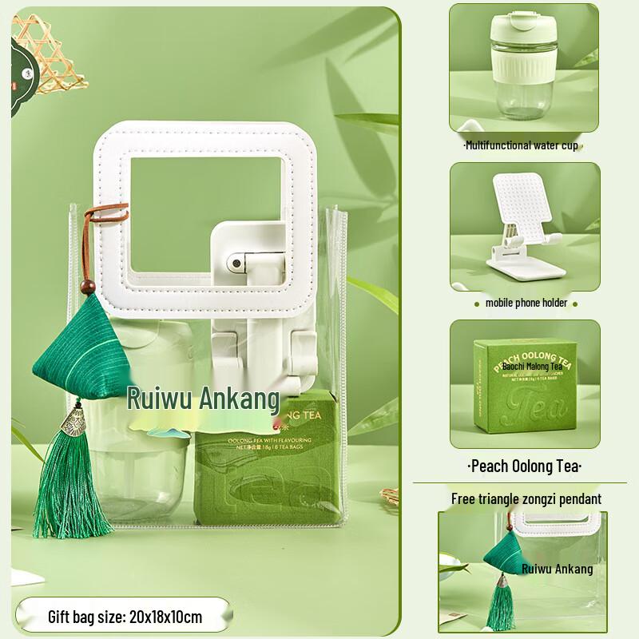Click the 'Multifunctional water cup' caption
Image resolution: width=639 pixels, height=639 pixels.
(521, 146)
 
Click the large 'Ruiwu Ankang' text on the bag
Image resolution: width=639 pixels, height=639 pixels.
(204, 397)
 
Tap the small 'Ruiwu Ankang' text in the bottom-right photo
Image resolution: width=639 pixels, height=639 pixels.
(557, 569)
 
